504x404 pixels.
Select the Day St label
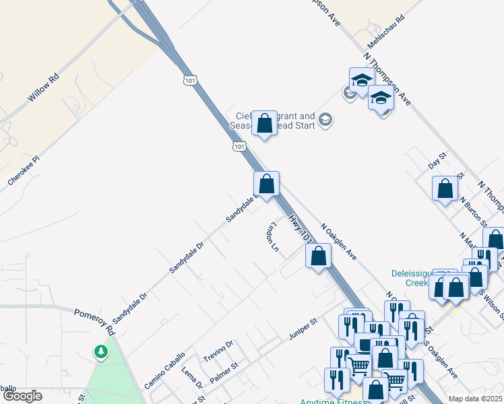pos(438,161)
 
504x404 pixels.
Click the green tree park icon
pos(100,351)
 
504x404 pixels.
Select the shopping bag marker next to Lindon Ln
pos(319,256)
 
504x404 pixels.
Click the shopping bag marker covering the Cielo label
pos(265,123)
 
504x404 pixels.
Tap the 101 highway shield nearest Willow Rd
pos(190,80)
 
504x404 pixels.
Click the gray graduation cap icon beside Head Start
pos(325,121)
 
